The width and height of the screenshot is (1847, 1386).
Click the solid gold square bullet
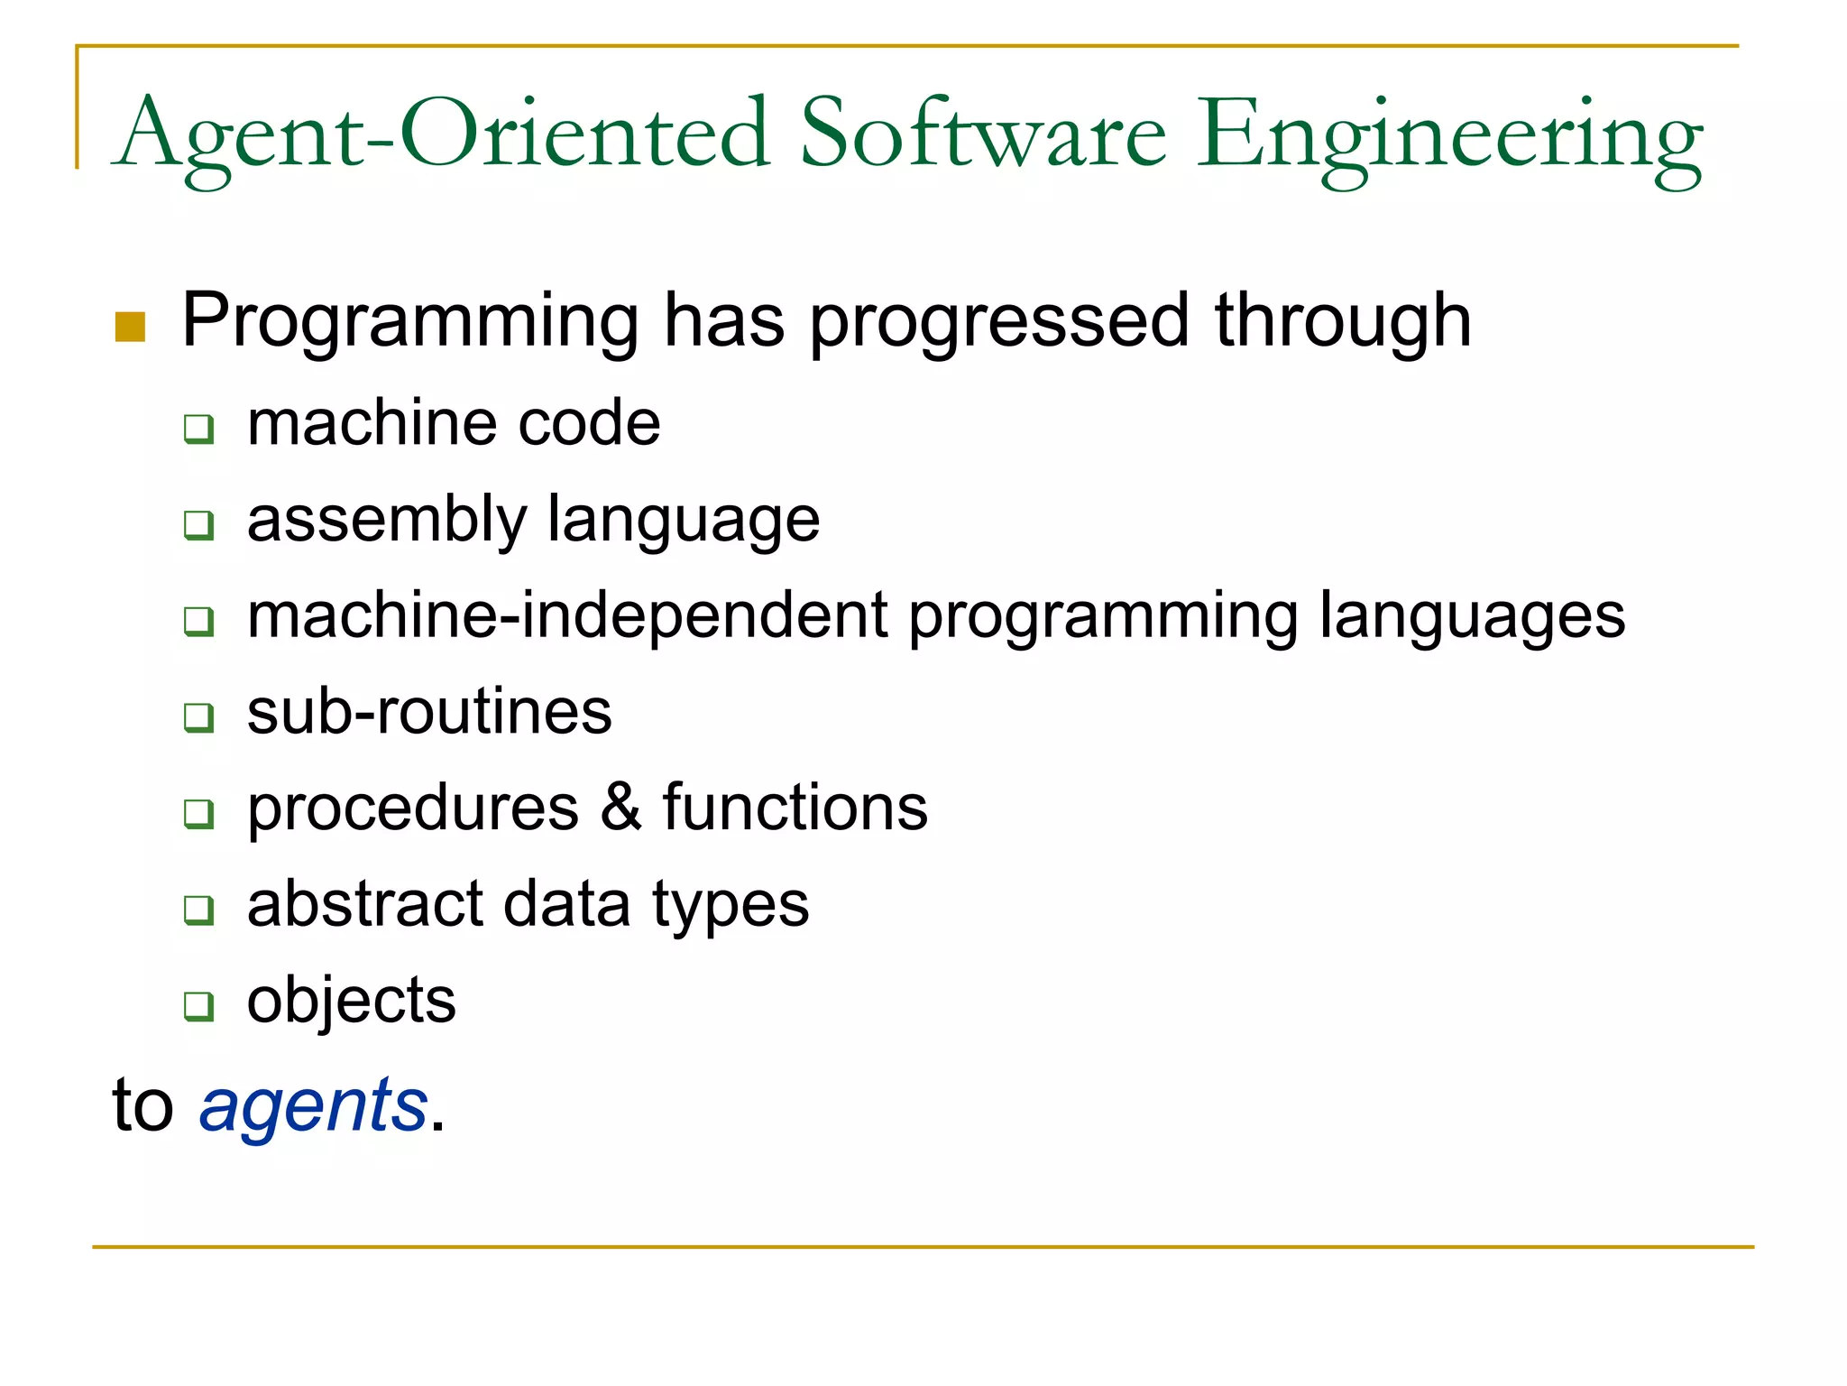tap(130, 327)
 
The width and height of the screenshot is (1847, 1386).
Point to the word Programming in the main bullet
tap(410, 321)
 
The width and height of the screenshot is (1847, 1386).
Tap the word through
tap(1343, 321)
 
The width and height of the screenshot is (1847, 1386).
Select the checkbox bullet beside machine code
tap(198, 428)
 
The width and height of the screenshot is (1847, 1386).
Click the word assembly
tap(386, 520)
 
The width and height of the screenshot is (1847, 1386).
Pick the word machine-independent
tap(568, 615)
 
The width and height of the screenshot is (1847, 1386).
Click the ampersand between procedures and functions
tap(620, 807)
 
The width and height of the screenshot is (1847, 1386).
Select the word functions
tap(795, 807)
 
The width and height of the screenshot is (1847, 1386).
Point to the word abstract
tap(365, 903)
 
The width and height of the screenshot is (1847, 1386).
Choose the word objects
tap(352, 1000)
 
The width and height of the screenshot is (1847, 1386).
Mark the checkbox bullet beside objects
tap(198, 1005)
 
